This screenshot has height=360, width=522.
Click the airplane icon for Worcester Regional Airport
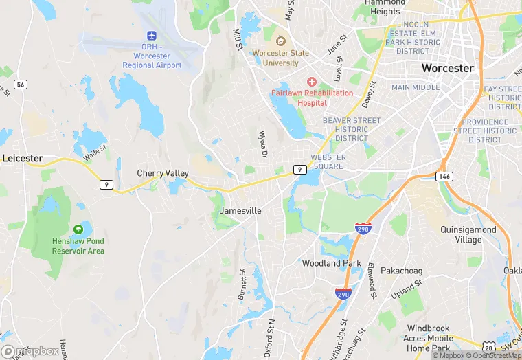click(x=152, y=36)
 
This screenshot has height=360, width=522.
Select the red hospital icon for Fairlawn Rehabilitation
click(x=312, y=81)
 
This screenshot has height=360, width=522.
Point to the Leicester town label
click(x=23, y=158)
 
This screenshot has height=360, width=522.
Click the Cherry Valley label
click(x=163, y=173)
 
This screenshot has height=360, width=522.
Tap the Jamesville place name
click(x=240, y=210)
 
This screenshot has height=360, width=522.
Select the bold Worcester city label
click(x=447, y=68)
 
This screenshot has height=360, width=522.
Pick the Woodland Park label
click(x=332, y=263)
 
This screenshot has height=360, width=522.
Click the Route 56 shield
click(x=21, y=84)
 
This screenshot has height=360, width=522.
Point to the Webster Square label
click(x=328, y=162)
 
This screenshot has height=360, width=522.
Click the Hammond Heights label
click(x=385, y=7)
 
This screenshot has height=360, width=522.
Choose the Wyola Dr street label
click(x=262, y=144)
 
